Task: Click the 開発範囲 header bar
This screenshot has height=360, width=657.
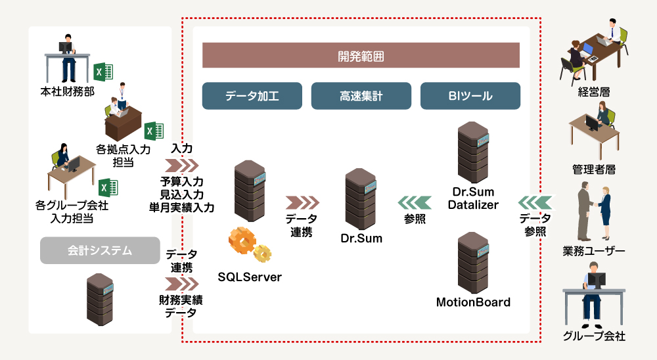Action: tap(361, 56)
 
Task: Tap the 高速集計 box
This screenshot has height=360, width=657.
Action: tap(361, 96)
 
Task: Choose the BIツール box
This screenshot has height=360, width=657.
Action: tap(470, 96)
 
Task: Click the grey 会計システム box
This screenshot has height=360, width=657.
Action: tap(100, 250)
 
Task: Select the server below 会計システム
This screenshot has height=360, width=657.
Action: tap(101, 300)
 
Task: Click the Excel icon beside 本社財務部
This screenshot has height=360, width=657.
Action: tap(103, 72)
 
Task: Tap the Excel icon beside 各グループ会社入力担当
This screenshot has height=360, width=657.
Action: tap(108, 187)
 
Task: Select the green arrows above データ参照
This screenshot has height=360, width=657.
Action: tap(534, 201)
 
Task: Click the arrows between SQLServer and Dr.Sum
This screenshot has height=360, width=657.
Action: tap(302, 201)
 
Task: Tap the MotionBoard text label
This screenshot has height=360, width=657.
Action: tap(473, 303)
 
